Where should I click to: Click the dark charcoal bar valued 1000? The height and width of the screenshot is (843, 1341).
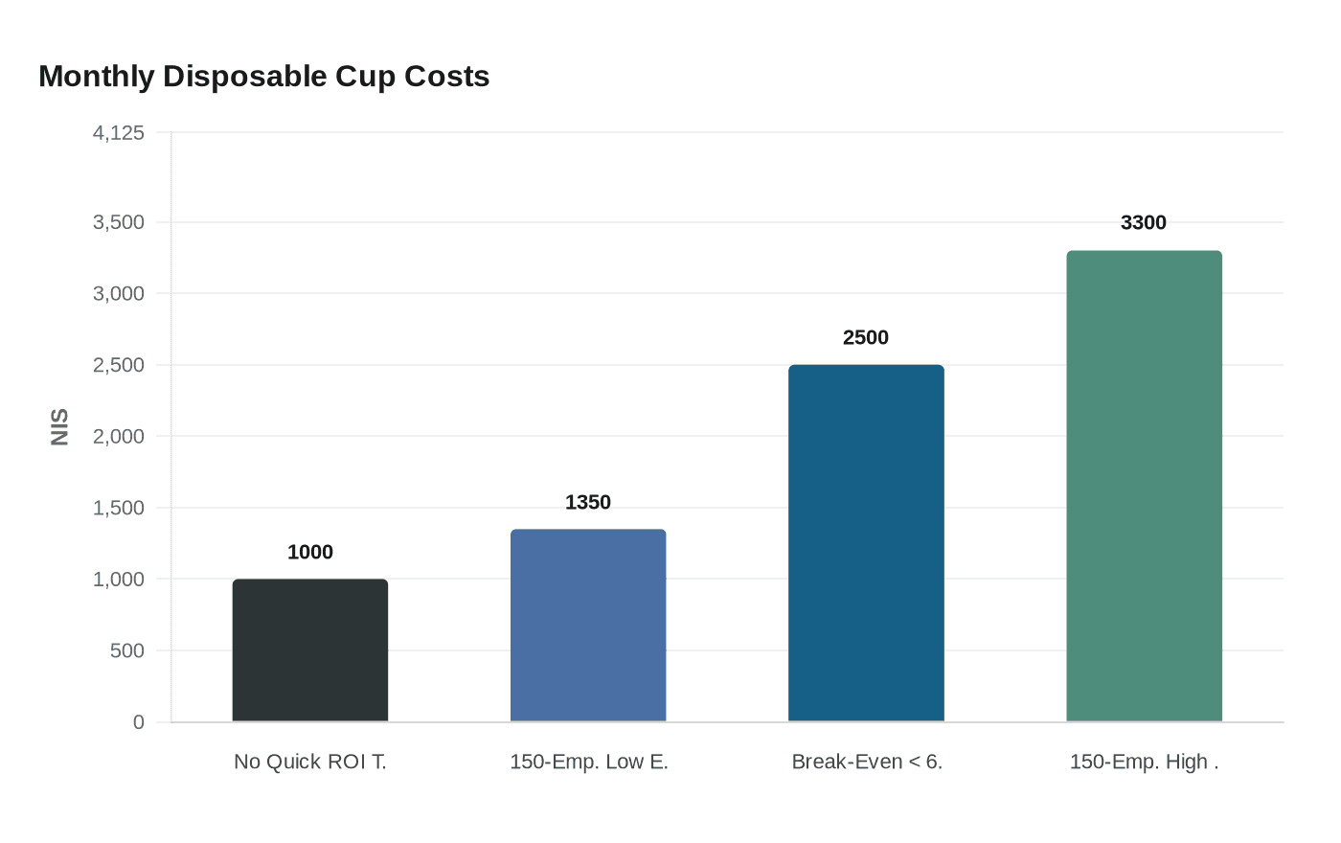[x=309, y=650]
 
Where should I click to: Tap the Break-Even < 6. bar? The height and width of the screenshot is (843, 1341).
[x=866, y=543]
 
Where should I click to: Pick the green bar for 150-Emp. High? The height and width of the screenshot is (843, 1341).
[x=1144, y=486]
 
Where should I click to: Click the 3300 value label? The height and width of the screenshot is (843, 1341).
[x=1144, y=223]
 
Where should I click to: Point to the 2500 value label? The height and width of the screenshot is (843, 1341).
[x=866, y=338]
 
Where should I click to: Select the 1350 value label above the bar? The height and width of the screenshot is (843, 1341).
[x=587, y=503]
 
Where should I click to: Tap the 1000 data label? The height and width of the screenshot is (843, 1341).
[x=309, y=553]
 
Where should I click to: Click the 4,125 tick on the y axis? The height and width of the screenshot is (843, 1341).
[x=119, y=133]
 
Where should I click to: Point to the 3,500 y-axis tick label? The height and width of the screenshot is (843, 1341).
[x=119, y=223]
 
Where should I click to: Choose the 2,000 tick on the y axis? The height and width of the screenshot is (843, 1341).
[x=119, y=437]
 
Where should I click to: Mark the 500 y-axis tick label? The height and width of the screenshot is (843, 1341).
[x=126, y=651]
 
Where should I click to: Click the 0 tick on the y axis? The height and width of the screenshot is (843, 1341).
[x=139, y=722]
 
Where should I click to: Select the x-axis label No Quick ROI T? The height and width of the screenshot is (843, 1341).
[x=309, y=763]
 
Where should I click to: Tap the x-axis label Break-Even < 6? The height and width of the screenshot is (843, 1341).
[x=867, y=763]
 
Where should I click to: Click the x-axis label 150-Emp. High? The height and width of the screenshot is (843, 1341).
[x=1144, y=763]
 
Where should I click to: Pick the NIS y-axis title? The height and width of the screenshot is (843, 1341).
[x=60, y=427]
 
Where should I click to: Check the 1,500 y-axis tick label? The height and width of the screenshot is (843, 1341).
[x=119, y=509]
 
